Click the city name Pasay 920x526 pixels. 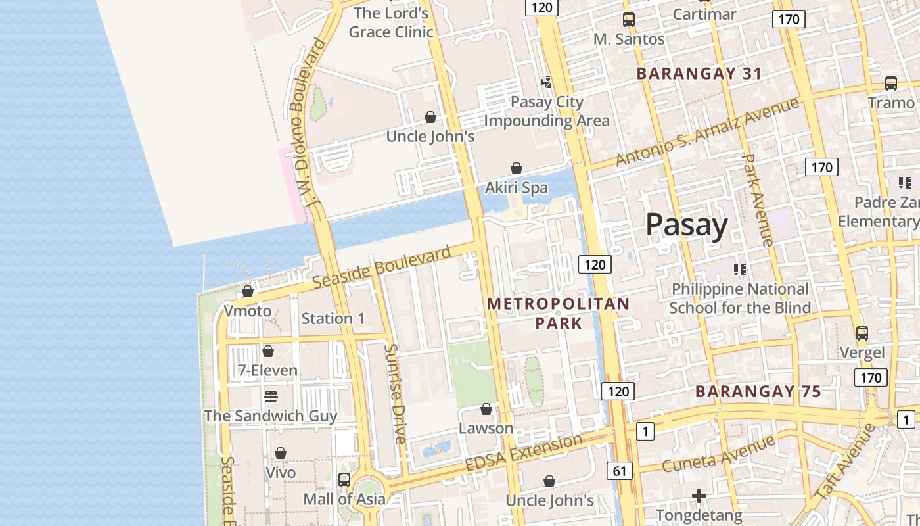687,225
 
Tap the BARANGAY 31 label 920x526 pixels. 699,73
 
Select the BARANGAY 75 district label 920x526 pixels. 758,392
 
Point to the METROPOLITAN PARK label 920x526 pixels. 559,313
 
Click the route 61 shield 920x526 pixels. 620,471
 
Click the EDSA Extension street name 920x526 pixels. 524,452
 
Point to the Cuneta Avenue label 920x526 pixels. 718,454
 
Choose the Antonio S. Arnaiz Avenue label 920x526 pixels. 707,131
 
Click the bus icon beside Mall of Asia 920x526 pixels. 344,480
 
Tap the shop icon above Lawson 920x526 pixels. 486,410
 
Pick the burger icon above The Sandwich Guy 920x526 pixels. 270,396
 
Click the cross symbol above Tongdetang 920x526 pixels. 699,495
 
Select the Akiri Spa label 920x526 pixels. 516,188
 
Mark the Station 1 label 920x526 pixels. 333,319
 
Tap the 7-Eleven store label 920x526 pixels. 267,370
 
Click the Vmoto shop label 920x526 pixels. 248,310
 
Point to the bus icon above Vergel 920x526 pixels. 862,333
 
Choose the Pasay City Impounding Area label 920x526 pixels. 547,112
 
